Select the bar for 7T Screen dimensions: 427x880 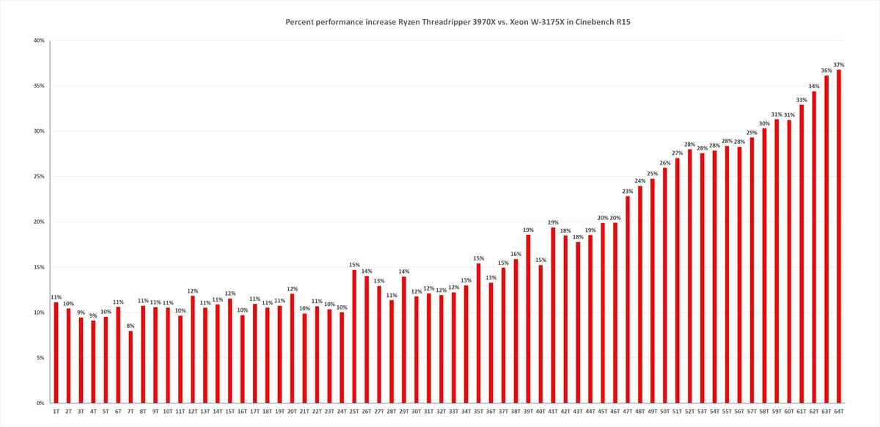coord(131,367)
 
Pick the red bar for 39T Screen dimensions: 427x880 coord(528,318)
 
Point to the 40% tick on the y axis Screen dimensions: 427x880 coord(40,40)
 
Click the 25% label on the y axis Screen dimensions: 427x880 coord(40,177)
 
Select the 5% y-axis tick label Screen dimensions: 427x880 coord(41,358)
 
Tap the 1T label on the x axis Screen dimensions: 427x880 coord(56,412)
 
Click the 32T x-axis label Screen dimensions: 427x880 coord(441,412)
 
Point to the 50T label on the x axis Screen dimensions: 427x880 coord(665,412)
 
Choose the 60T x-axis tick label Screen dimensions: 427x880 coord(789,412)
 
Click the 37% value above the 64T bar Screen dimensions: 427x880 coord(839,65)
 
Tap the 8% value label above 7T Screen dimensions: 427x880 coord(131,326)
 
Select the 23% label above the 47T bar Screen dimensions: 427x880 coord(628,191)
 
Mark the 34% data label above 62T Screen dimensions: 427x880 coord(814,86)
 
